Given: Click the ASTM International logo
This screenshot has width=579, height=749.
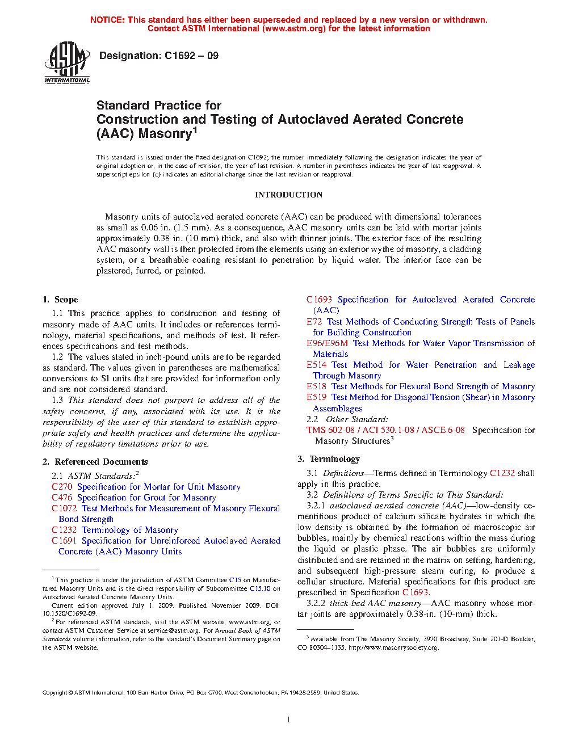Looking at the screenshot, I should point(67,63).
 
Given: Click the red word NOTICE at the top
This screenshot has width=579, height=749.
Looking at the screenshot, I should point(107,20).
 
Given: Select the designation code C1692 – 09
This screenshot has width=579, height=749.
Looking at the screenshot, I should point(191,56).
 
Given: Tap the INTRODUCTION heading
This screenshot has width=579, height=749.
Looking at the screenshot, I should point(288,195).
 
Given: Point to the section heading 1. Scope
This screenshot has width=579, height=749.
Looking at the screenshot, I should point(60,300).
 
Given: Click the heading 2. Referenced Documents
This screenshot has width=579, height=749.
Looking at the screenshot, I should point(95,462).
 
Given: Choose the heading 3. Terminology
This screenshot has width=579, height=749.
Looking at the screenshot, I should point(329,459).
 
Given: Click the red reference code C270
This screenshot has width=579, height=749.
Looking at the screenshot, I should point(62,487).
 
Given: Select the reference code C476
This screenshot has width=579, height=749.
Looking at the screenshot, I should point(62,498).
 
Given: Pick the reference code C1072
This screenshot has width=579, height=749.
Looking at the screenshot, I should point(64,508).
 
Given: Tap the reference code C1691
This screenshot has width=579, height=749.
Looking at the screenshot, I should point(64,541).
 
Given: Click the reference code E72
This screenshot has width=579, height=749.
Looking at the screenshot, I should point(314,322).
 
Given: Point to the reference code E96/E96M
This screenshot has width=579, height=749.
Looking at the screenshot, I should point(327,343).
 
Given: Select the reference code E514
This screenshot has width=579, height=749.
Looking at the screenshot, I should point(316,365).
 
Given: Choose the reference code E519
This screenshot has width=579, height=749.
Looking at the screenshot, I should point(316,397).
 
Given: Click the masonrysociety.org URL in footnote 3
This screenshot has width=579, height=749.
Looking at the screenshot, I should point(393,647).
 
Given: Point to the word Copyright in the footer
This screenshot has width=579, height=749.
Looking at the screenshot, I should point(55,693).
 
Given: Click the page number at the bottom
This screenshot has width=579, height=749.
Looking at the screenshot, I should point(289,719).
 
